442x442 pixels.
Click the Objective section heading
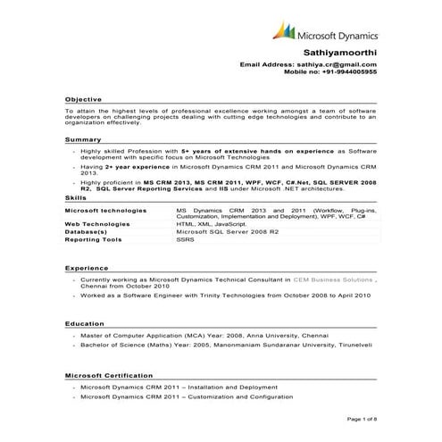[x=83, y=98]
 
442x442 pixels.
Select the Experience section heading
[x=86, y=267]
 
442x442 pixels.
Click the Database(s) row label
[x=87, y=232]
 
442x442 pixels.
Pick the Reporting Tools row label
[x=93, y=240]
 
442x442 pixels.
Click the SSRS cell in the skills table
[x=185, y=240]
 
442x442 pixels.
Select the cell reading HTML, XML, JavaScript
[x=211, y=224]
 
